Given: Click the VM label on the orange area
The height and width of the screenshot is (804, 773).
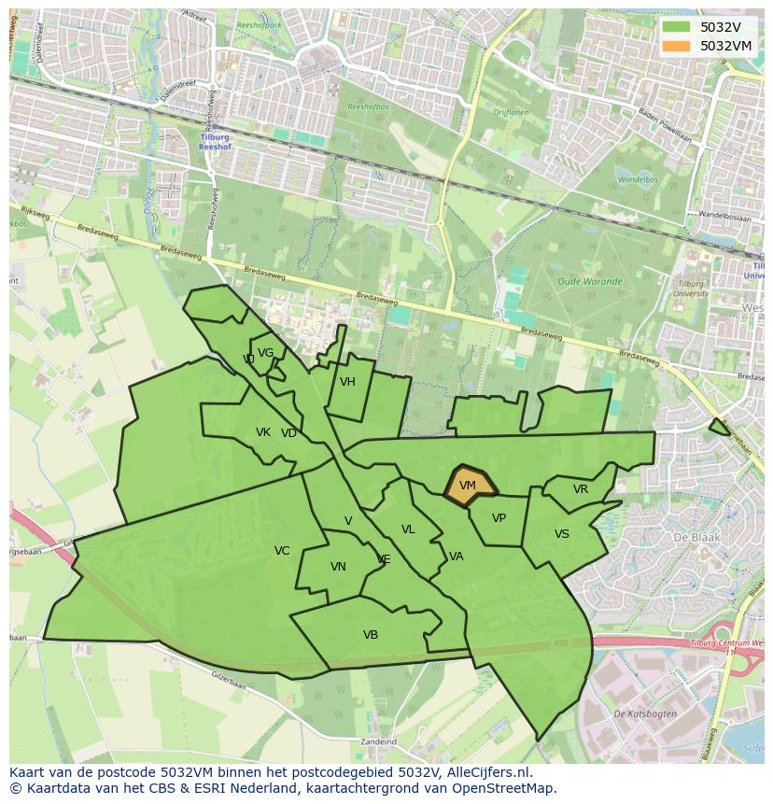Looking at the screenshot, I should tap(468, 486).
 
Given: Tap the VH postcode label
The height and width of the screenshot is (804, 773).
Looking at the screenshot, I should tap(347, 382).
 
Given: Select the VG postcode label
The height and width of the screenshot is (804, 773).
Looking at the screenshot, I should tap(265, 353).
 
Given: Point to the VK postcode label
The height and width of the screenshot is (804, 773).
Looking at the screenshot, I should tap(263, 432).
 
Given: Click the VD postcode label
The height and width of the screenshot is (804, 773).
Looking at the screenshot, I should tap(288, 433).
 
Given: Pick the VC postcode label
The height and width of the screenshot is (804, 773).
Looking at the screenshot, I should tap(282, 551).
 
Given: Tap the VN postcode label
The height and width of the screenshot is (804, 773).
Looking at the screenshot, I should tap(338, 567).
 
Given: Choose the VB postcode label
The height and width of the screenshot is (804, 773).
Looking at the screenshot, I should tap(371, 635).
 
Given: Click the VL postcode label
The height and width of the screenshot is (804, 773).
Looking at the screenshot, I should tap(408, 529).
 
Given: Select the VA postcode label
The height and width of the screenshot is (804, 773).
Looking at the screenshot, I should tap(456, 557).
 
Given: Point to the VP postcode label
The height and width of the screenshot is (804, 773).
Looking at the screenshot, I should tap(499, 518).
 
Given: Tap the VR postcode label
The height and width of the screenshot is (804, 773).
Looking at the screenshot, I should tap(581, 489).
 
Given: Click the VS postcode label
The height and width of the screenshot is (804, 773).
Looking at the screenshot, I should tap(561, 534).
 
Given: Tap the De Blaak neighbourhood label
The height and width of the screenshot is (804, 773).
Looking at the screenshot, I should tap(693, 538).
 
